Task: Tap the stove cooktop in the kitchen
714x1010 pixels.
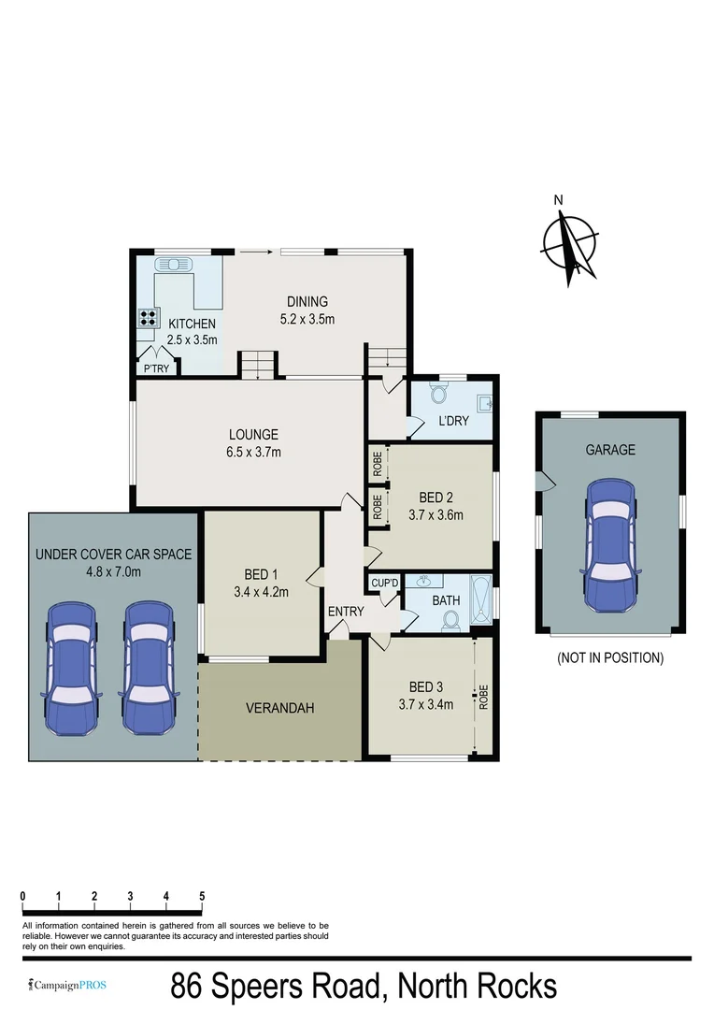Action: pyautogui.click(x=147, y=317)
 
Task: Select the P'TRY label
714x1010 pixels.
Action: pyautogui.click(x=155, y=368)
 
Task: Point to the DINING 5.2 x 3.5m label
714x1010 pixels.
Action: pyautogui.click(x=307, y=310)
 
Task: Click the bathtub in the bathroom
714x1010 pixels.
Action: pyautogui.click(x=480, y=599)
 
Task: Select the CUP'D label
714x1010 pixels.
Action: pyautogui.click(x=384, y=583)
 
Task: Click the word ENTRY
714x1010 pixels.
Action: pyautogui.click(x=345, y=612)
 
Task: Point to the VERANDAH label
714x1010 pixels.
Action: pyautogui.click(x=279, y=708)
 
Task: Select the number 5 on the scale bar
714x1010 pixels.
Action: pyautogui.click(x=202, y=896)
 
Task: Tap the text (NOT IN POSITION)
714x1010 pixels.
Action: pyautogui.click(x=609, y=657)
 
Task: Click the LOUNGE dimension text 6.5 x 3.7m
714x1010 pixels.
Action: pyautogui.click(x=254, y=452)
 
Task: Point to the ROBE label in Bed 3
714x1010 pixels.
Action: pyautogui.click(x=483, y=697)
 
